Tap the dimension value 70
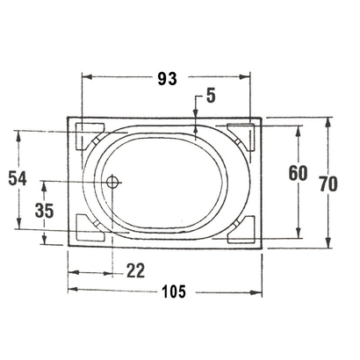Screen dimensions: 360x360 [328, 184]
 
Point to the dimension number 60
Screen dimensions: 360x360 [297, 173]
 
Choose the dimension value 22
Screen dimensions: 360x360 [134, 270]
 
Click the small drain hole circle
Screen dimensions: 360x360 [112, 182]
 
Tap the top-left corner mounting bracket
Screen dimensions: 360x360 [89, 137]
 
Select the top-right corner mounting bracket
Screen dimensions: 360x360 [241, 135]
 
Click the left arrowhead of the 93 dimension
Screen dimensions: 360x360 [85, 78]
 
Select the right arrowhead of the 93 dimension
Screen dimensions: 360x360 [249, 78]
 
